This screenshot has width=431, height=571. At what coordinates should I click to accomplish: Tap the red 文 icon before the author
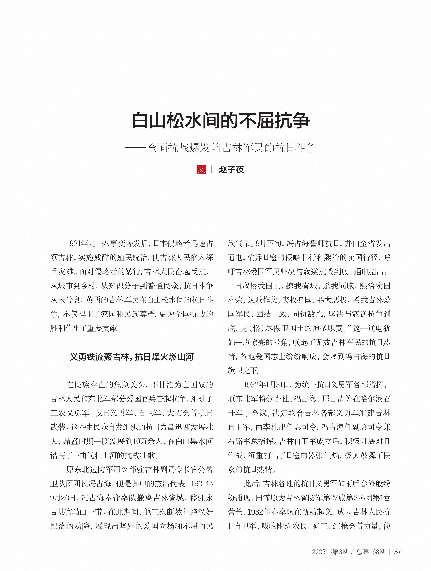(x=201, y=169)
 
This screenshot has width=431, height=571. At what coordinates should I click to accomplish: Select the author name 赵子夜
(x=231, y=170)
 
